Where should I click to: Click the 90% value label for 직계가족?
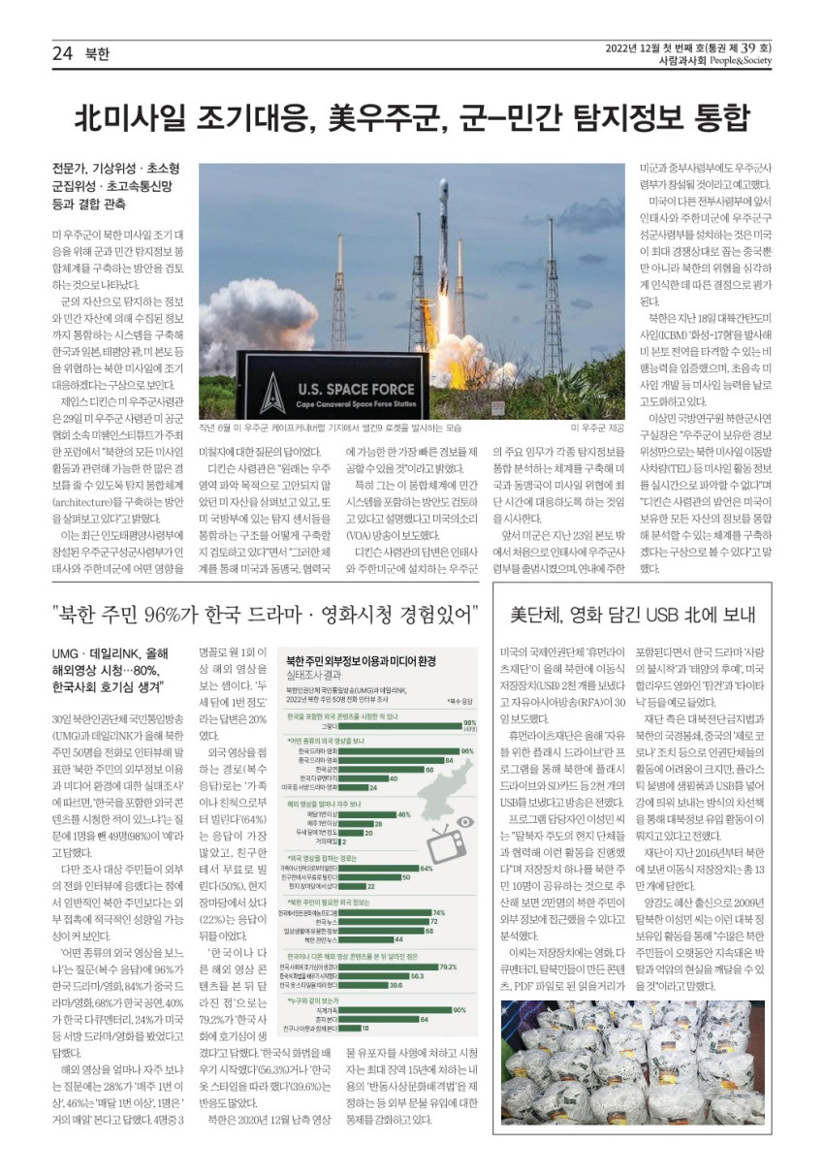tap(460, 1009)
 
